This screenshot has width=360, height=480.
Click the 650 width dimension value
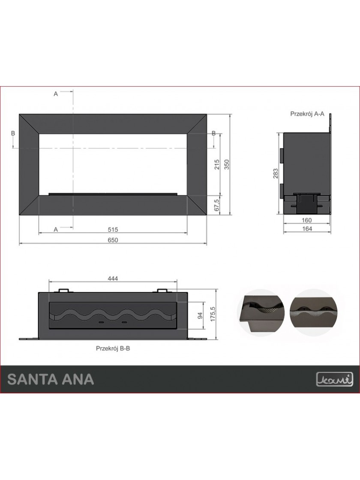click(x=113, y=240)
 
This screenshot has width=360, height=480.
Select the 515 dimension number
click(x=113, y=229)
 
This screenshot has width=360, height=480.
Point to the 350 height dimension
click(x=227, y=165)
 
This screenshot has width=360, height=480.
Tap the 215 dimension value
click(x=217, y=165)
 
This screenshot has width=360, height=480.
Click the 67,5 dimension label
click(x=217, y=205)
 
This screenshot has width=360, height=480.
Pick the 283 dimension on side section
click(x=276, y=174)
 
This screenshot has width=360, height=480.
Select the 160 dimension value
click(x=306, y=220)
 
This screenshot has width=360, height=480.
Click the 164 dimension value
click(x=307, y=229)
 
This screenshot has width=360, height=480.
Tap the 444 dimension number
click(x=113, y=278)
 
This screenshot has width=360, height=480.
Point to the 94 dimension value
click(x=201, y=315)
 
